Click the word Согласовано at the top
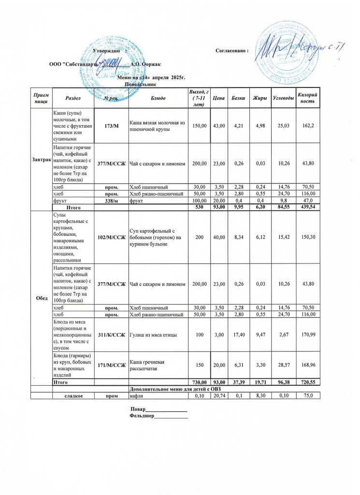pos(231,51)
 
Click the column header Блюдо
pos(158,98)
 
